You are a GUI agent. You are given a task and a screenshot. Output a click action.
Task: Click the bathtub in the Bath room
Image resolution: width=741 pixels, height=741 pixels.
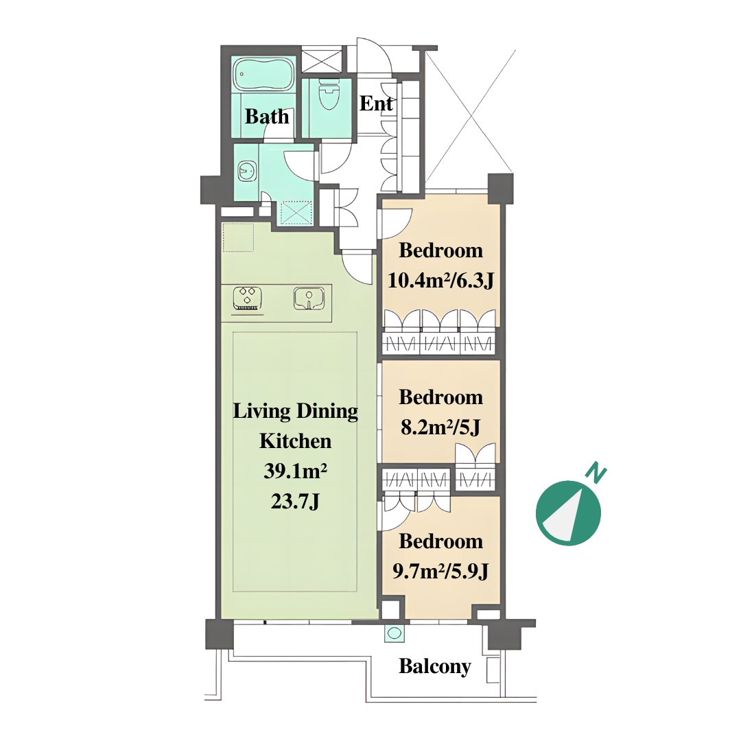(x=264, y=74)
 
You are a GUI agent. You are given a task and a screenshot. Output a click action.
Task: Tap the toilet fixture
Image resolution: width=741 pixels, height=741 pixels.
(x=329, y=93)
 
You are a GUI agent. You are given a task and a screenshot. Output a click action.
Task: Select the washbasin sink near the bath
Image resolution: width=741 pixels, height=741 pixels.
(x=247, y=171)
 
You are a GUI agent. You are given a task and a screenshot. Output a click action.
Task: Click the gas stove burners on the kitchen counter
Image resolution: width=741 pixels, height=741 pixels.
(x=248, y=299)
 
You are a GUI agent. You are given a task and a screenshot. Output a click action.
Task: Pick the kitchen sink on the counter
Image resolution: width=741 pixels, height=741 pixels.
(x=309, y=298)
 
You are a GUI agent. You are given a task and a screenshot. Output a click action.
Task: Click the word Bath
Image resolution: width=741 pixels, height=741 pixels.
(x=267, y=116)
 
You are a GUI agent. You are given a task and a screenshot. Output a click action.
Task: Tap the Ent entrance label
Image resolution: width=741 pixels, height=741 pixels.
(x=376, y=104)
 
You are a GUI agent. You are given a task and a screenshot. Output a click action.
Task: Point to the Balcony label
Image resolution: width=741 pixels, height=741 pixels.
(x=435, y=666)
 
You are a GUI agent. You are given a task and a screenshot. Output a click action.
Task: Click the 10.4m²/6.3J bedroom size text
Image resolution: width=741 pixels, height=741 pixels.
(x=440, y=281)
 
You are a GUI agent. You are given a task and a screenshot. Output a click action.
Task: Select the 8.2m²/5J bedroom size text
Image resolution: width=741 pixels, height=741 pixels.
(x=440, y=427)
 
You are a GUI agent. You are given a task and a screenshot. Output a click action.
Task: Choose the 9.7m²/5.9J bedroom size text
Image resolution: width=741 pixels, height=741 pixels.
(x=440, y=572)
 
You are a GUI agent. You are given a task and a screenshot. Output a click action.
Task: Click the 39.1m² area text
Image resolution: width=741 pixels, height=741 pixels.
(x=295, y=471)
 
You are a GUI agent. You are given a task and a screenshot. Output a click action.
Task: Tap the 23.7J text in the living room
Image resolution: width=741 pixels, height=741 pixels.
(x=295, y=502)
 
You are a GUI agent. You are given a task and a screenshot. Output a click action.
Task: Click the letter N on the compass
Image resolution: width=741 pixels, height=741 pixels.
(x=596, y=474)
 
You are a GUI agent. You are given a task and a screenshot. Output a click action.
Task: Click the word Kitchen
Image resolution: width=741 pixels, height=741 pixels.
(x=295, y=441)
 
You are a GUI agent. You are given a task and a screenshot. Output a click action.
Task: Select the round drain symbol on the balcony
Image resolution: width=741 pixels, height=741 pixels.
(x=395, y=634)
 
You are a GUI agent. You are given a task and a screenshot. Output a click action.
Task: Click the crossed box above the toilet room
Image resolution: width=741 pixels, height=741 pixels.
(x=321, y=60)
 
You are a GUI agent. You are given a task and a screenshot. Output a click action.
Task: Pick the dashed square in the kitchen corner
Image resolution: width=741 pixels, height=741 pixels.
(x=239, y=237)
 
